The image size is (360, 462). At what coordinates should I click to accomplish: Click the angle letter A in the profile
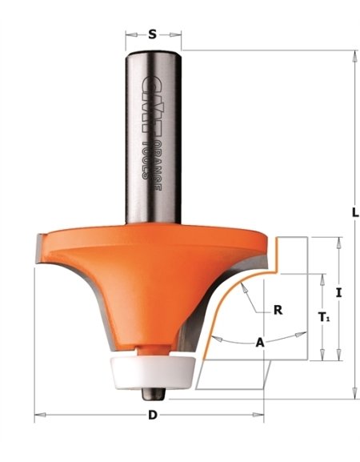259,342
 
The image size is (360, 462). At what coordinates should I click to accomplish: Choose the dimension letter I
338,293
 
